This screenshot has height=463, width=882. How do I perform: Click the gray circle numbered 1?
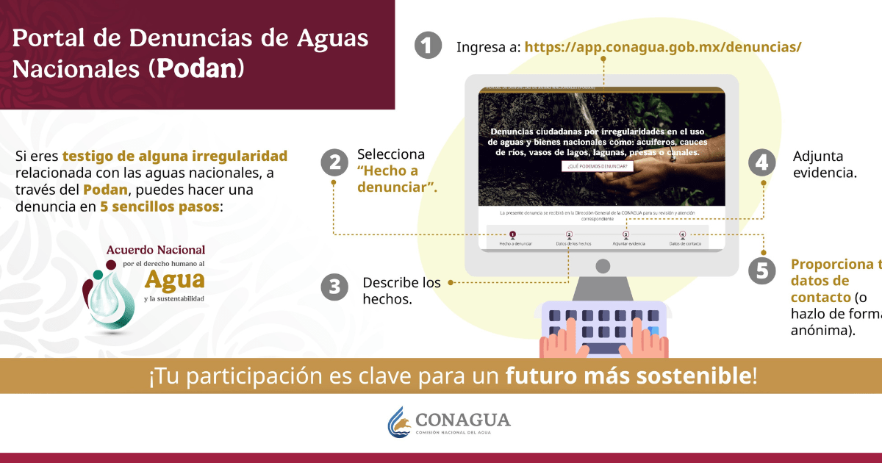(428, 46)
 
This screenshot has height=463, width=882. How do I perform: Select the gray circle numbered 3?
(334, 287)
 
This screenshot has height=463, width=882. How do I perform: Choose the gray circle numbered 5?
(762, 270)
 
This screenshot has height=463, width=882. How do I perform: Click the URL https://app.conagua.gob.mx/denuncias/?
(662, 47)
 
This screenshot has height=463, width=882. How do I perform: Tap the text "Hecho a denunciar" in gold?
(397, 179)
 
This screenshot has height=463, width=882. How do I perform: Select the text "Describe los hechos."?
(401, 291)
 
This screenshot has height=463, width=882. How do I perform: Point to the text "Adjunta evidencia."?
(825, 165)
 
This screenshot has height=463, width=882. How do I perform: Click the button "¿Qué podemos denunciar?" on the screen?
(597, 167)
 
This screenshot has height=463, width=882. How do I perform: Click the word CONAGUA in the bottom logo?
(462, 419)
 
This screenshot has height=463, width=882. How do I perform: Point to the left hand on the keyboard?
(561, 340)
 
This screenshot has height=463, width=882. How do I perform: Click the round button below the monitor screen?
(602, 265)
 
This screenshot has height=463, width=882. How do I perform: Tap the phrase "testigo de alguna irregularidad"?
(174, 157)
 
